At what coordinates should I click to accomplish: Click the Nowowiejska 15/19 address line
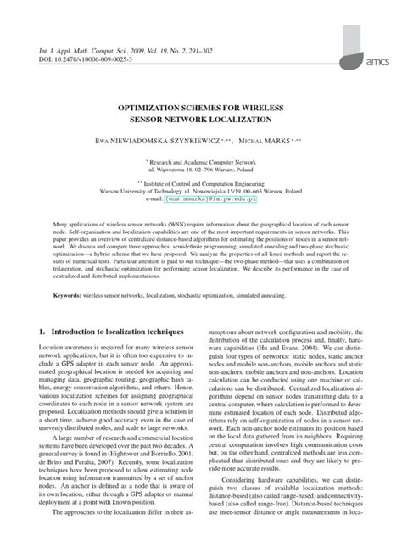point(201,193)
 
